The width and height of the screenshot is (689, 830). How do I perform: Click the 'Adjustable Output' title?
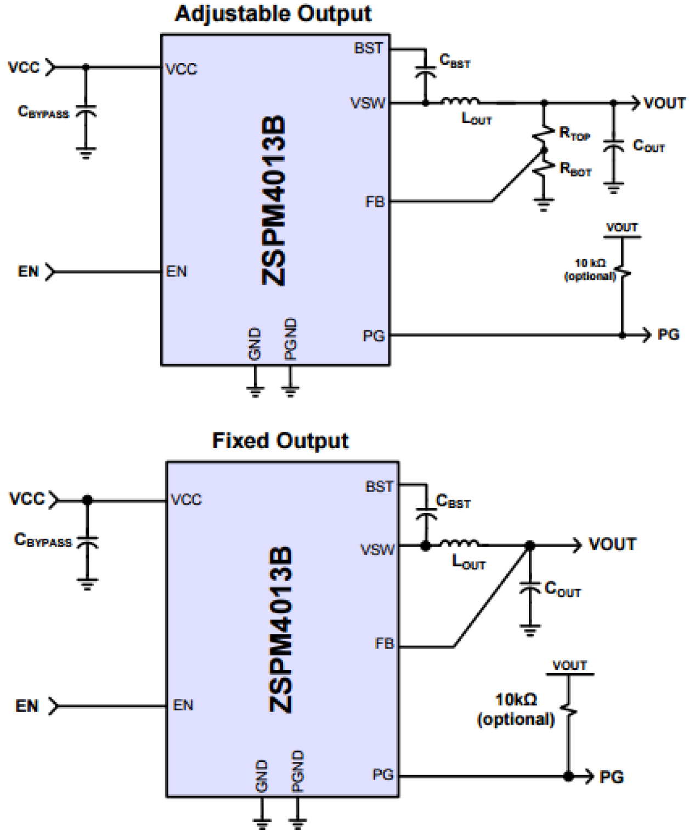(273, 14)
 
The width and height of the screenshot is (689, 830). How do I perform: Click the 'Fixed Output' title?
(280, 441)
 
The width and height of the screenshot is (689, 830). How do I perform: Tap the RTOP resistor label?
(574, 133)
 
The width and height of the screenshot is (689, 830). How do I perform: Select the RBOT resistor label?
(575, 169)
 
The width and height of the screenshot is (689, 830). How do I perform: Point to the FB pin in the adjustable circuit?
(375, 202)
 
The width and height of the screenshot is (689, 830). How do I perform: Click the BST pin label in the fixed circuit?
(379, 487)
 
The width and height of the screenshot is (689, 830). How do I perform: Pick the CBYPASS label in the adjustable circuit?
(43, 112)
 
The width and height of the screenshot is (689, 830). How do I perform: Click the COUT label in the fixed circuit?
(562, 589)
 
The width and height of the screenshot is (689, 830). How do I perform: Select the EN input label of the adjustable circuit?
(29, 272)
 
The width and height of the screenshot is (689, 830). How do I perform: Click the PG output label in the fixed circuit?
(612, 777)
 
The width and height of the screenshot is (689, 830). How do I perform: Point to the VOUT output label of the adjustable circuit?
(664, 103)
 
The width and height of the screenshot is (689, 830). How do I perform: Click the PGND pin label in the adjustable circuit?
(291, 338)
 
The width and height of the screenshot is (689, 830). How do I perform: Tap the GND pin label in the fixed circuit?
(262, 776)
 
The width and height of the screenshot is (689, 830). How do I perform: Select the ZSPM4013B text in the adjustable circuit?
(274, 200)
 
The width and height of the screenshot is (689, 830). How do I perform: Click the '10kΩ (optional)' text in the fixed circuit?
(516, 709)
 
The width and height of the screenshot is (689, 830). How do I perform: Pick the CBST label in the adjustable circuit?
(455, 61)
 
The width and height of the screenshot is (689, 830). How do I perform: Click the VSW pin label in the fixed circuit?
(377, 549)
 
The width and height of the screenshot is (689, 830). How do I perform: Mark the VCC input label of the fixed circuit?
(26, 499)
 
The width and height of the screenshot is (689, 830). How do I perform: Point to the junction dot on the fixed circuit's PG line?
(569, 776)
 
